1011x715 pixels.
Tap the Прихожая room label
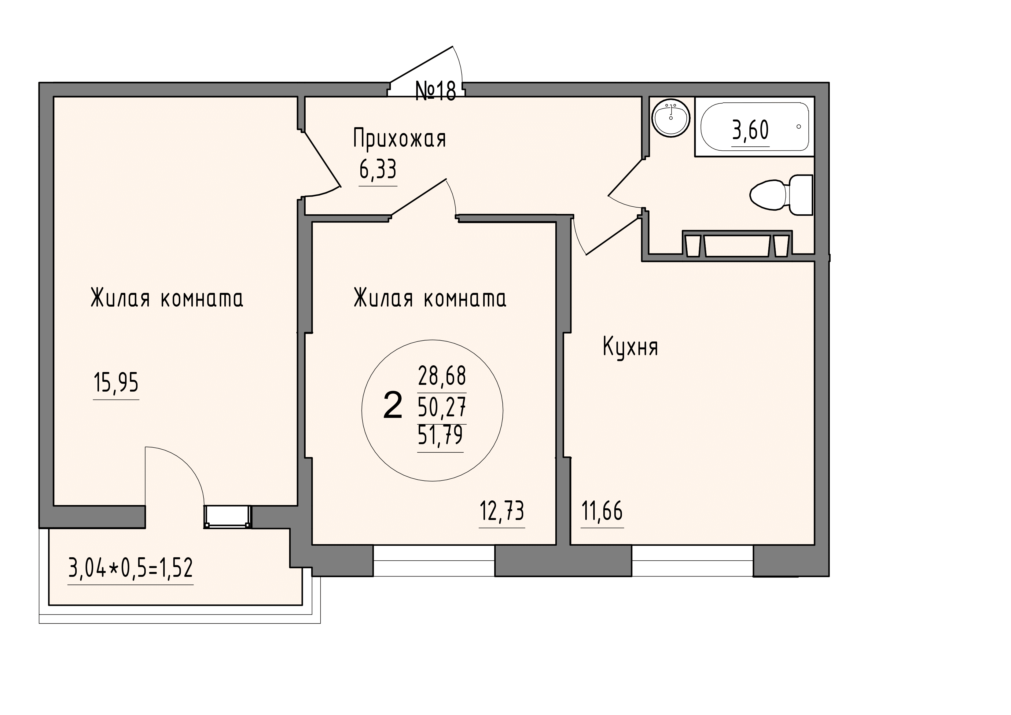pos(400,138)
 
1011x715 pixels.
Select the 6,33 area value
pos(378,170)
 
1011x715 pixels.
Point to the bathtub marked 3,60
pos(755,127)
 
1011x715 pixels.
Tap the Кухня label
pos(630,347)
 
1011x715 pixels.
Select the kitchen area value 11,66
pos(602,511)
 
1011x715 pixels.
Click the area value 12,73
pos(502,511)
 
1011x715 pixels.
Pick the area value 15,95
pos(116,382)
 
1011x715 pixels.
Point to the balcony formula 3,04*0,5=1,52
pos(131,568)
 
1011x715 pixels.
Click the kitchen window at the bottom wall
pos(692,560)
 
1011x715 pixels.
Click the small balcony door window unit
pos(227,516)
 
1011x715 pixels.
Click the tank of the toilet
pos(801,195)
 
